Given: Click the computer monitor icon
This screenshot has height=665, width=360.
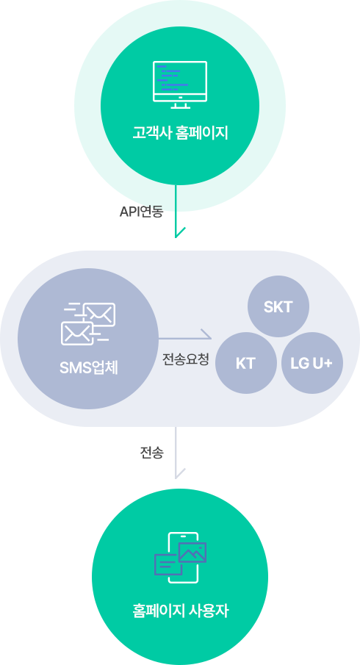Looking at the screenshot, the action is [x=180, y=85].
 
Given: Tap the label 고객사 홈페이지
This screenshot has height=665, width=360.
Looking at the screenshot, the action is [x=180, y=133].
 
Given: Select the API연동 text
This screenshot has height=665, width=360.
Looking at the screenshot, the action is [x=141, y=212].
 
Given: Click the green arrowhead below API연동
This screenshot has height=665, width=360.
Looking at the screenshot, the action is [x=180, y=232].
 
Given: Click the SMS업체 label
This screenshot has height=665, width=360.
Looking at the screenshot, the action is [x=89, y=367].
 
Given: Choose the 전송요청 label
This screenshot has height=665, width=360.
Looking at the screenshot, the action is [x=186, y=360].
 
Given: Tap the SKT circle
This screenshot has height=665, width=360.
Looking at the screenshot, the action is [x=278, y=306].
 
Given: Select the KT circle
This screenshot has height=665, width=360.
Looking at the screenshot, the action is [x=246, y=363].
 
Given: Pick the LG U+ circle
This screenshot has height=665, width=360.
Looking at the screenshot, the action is [x=312, y=363].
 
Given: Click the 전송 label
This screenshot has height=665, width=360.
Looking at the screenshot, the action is [x=152, y=453].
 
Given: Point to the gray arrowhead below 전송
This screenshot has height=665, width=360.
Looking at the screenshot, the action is [x=180, y=473].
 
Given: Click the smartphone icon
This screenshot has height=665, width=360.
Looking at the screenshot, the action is [x=183, y=558].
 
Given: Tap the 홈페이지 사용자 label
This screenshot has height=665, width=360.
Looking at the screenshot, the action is [x=180, y=611].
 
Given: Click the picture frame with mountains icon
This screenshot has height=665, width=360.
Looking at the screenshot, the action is [x=192, y=553].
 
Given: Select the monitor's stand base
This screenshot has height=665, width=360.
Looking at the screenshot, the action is [x=180, y=106].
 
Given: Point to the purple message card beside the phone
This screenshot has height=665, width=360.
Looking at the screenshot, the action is [x=167, y=564].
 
